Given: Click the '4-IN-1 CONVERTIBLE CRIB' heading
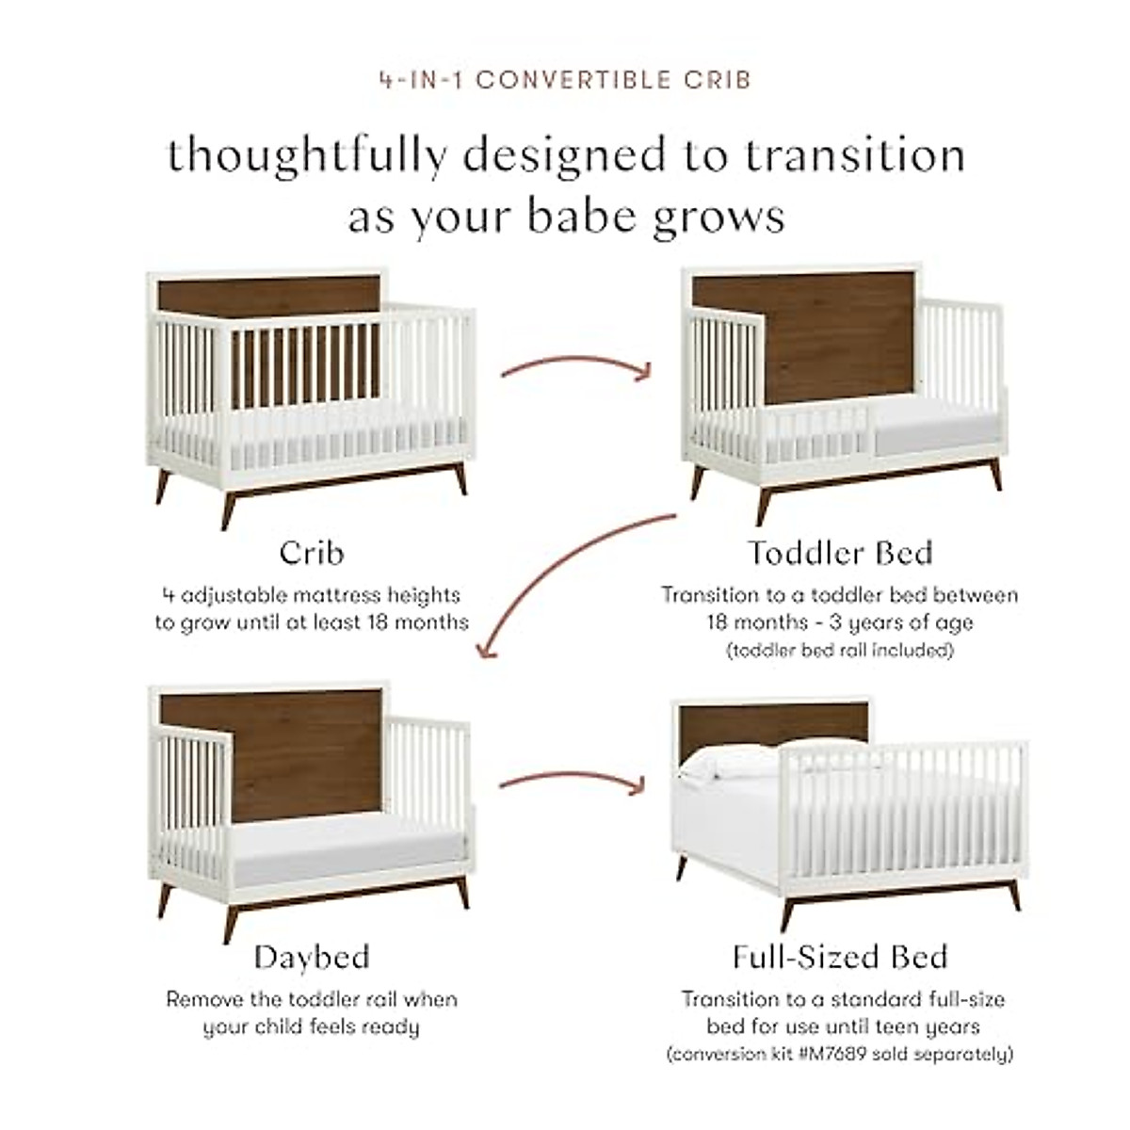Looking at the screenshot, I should click(x=565, y=80).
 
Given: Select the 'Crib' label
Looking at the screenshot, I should click(x=311, y=553).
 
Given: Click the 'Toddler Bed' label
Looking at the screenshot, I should click(x=839, y=553).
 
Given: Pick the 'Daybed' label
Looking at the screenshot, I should click(x=311, y=958).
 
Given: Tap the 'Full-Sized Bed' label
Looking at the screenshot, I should click(x=839, y=958).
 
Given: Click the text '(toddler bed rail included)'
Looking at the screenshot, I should click(x=839, y=651).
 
